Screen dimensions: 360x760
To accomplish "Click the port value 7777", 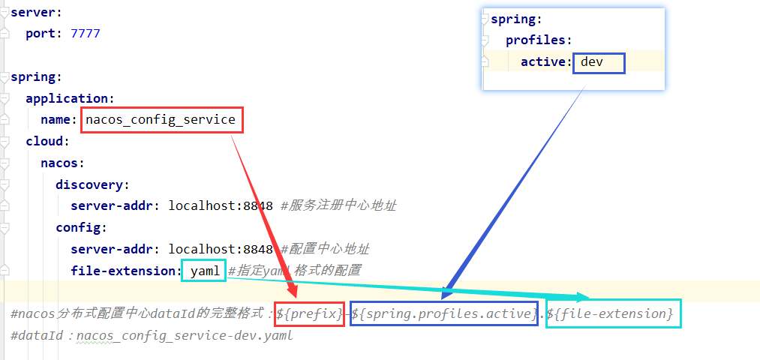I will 85,34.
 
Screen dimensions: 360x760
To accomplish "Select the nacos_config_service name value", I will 161,120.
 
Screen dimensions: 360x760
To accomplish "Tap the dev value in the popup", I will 593,61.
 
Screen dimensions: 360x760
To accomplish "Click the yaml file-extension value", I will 204,270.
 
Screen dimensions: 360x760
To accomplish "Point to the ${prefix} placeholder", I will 310,313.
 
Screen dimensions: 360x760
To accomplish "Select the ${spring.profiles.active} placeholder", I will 444,313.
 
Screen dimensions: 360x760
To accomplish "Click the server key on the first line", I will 31,13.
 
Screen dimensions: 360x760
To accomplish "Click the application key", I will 67,98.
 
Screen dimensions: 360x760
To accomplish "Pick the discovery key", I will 91,184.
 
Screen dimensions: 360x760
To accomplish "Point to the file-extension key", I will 125,270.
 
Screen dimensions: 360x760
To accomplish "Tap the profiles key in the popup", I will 536,40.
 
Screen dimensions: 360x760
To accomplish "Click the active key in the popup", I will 545,61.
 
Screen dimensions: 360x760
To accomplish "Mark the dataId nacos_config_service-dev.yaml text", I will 184,336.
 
